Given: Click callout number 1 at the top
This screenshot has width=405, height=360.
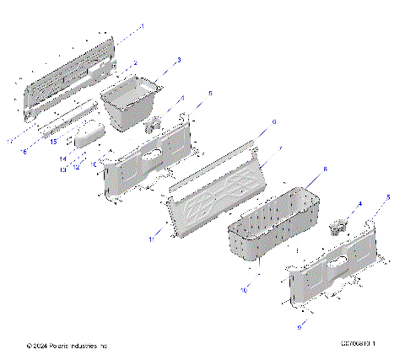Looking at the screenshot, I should tap(143, 27).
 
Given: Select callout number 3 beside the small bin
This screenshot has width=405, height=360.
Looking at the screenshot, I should tap(179, 61).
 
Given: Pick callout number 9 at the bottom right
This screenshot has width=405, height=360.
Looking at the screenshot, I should tap(300, 324).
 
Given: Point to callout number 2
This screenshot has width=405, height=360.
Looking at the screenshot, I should tap(134, 64).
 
